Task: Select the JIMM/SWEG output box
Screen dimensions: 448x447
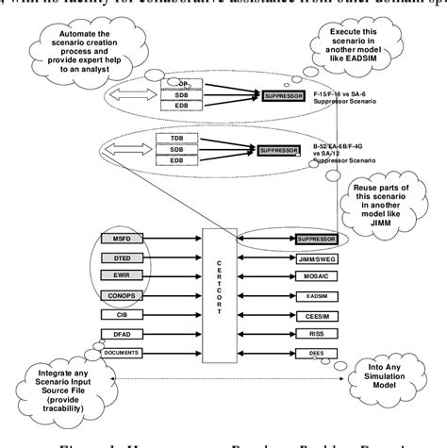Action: pos(317,257)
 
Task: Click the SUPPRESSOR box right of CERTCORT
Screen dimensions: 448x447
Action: pos(317,240)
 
